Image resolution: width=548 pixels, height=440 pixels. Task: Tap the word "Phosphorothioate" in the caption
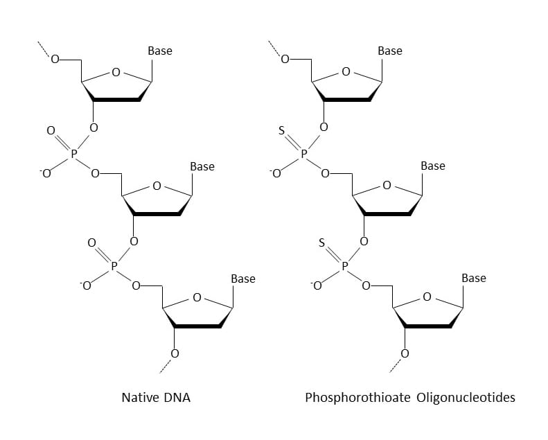click(348, 398)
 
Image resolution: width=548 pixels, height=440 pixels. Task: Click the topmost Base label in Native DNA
click(160, 51)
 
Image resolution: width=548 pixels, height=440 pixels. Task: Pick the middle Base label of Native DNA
click(202, 166)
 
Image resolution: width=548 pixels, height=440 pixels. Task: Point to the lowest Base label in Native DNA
click(243, 279)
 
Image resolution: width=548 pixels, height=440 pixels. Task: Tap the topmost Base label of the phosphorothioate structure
click(390, 51)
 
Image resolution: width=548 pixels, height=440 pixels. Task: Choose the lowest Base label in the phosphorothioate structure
click(474, 278)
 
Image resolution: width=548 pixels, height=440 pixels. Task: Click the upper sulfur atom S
click(281, 130)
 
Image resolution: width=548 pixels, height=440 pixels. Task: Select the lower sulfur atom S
click(321, 243)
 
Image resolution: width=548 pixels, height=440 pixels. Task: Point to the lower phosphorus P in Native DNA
click(115, 264)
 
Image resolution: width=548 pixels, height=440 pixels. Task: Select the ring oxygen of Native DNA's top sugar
click(116, 71)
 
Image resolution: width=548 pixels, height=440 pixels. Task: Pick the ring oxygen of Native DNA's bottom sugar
click(197, 298)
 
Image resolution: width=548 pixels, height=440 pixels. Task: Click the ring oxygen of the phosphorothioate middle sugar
click(387, 185)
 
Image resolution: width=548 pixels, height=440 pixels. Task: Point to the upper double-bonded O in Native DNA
click(50, 130)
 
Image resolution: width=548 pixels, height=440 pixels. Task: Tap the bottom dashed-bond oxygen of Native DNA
click(175, 353)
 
